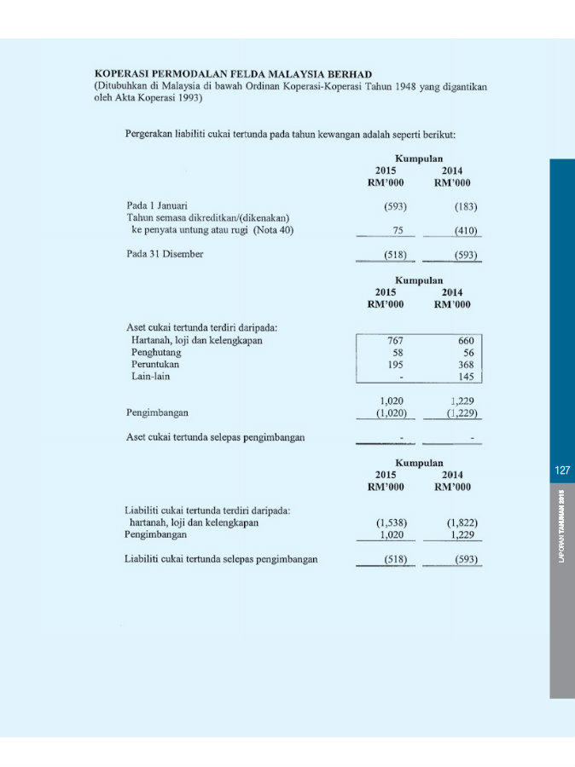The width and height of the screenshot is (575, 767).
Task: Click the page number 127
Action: tap(561, 470)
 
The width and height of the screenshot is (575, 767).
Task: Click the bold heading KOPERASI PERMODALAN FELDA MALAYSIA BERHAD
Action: tap(233, 75)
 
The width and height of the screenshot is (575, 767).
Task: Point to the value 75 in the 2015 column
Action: tap(398, 230)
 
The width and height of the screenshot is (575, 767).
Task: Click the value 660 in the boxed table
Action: tap(465, 341)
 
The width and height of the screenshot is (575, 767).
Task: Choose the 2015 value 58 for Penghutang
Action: tap(397, 352)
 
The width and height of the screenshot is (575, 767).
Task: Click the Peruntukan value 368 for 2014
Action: tap(465, 364)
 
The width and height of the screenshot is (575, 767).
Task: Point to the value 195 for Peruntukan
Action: tap(394, 364)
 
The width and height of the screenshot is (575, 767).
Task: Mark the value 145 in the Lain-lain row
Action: tap(465, 376)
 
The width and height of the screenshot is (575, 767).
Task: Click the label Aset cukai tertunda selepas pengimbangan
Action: tap(216, 438)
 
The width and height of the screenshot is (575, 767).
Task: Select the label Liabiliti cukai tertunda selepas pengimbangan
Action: tap(221, 559)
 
